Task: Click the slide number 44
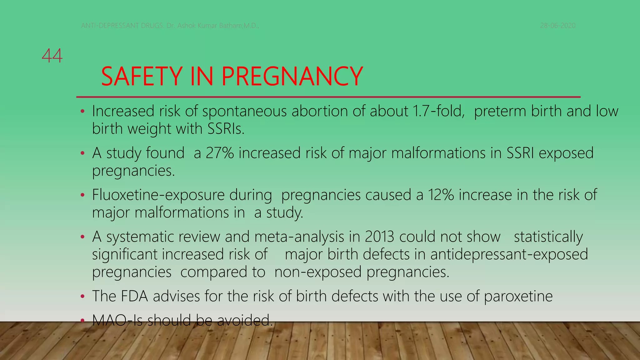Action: (52, 56)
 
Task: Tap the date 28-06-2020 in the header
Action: (558, 26)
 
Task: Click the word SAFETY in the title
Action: (142, 77)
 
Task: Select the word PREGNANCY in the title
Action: (292, 77)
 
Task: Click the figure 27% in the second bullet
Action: (220, 153)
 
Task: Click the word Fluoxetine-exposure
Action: (158, 195)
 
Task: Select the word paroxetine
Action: (518, 296)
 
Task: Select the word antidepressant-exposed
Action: (509, 254)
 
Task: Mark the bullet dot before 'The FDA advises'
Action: (82, 297)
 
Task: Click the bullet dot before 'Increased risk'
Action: (82, 112)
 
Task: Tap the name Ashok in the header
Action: (187, 26)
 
